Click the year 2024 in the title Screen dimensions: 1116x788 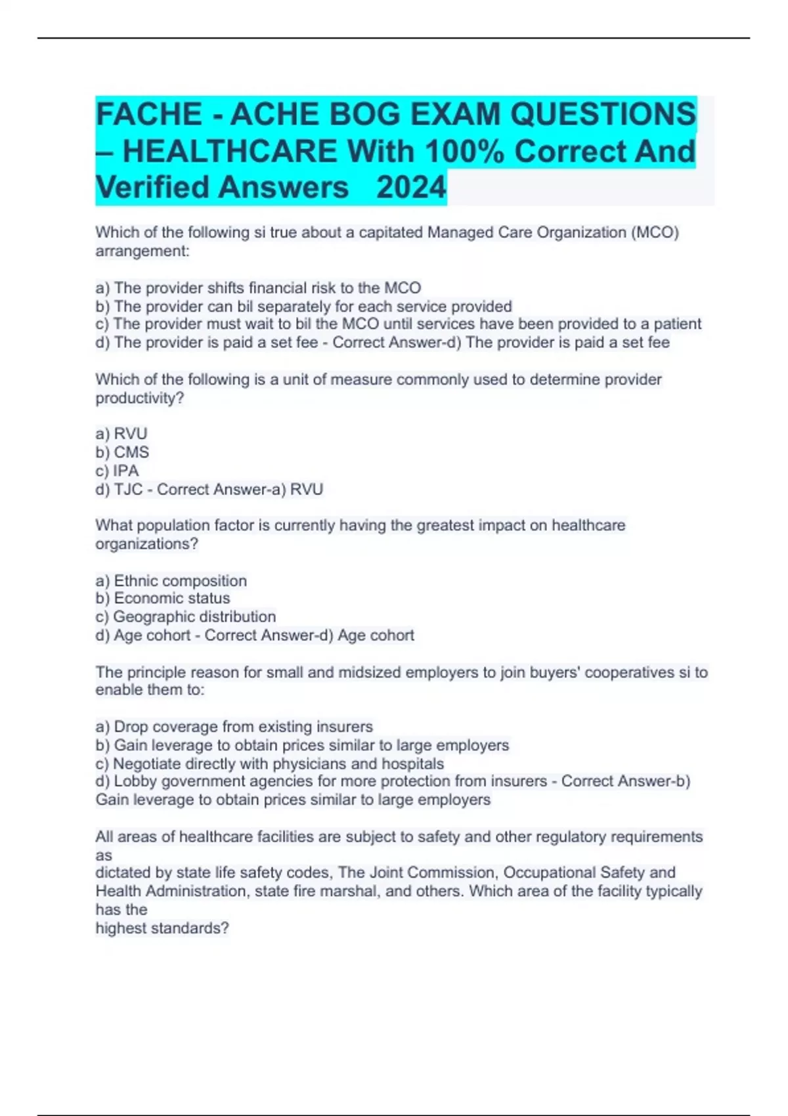411,188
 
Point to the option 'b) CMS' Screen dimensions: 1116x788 122,452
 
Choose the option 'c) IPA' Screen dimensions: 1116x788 117,471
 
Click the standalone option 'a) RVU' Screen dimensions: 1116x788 121,434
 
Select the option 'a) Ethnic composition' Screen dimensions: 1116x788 171,581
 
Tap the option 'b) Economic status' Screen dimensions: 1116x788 162,599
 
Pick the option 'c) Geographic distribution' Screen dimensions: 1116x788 185,617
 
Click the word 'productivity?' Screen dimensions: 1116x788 140,398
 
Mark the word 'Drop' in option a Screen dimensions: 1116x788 131,727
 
